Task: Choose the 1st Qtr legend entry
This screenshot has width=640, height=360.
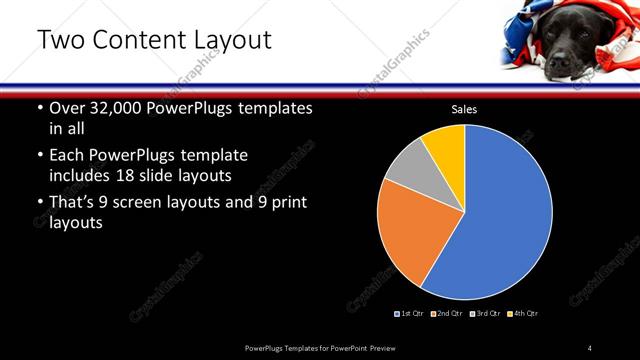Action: pyautogui.click(x=411, y=314)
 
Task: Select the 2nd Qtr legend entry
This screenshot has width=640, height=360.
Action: pyautogui.click(x=446, y=314)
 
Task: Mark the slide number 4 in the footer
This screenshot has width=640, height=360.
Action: pyautogui.click(x=589, y=347)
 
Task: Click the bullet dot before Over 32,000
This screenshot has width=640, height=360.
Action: pyautogui.click(x=39, y=108)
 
